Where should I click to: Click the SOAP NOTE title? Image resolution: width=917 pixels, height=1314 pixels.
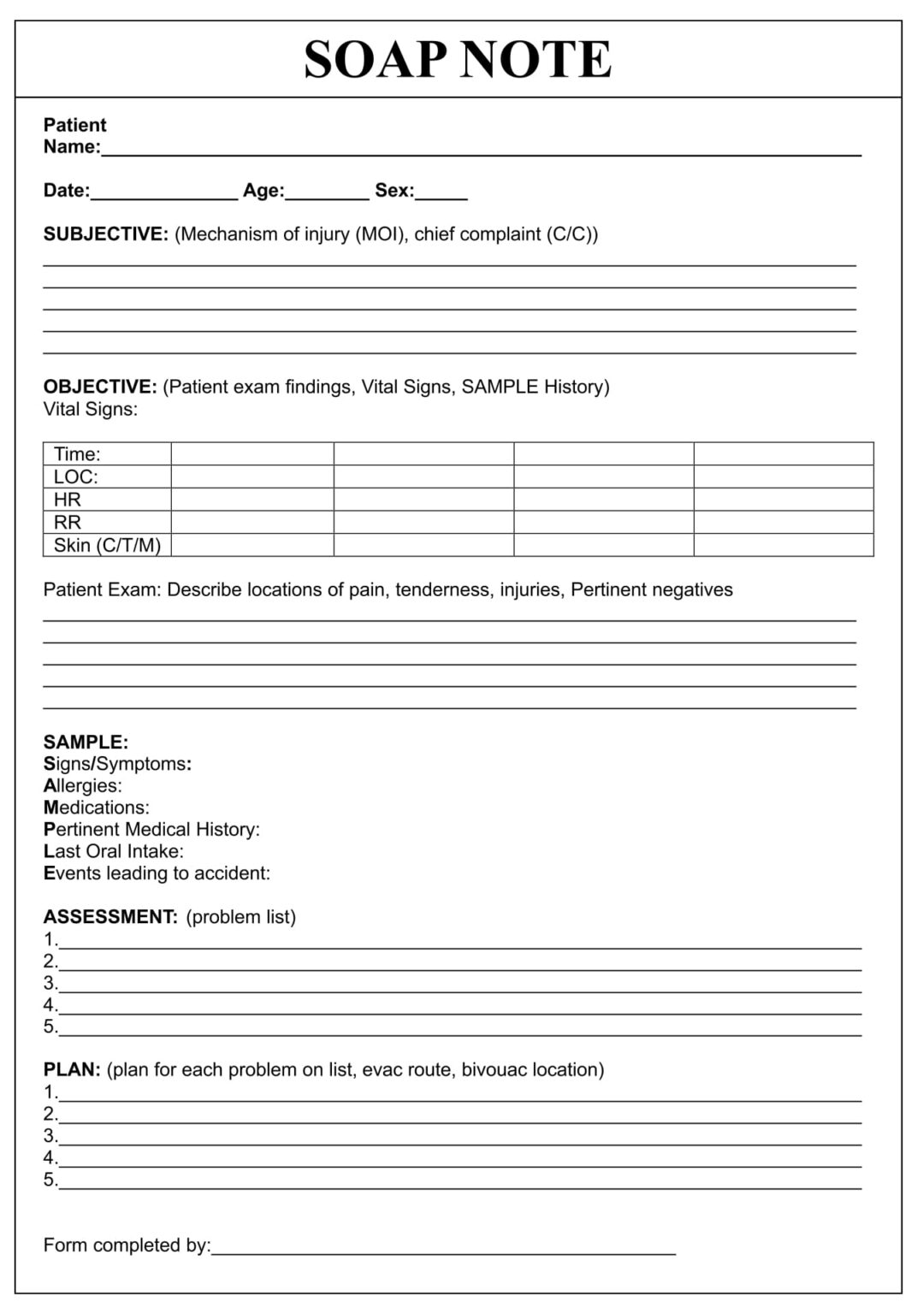point(458,60)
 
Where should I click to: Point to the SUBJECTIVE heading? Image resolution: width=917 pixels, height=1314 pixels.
point(105,234)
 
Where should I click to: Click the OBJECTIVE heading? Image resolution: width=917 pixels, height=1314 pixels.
point(100,387)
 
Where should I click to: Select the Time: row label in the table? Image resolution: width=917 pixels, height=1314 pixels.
point(77,454)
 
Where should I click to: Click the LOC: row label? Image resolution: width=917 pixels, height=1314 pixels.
point(75,477)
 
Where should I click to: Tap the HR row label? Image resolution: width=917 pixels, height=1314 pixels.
point(67,500)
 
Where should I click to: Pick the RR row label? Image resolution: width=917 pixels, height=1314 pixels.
point(67,523)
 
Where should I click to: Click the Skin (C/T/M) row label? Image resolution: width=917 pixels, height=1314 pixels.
point(107,545)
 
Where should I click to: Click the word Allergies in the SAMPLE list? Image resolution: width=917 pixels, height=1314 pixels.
point(82,785)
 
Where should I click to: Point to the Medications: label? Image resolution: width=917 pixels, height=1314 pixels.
point(96,808)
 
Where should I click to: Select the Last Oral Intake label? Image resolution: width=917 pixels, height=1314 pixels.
point(113,851)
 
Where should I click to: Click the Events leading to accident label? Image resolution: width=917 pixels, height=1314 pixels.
point(157,873)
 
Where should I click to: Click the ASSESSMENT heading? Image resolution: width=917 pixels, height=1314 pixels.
point(110,917)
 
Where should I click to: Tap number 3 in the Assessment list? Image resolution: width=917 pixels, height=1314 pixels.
point(50,983)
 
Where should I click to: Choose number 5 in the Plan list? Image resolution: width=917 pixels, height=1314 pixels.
point(50,1180)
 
